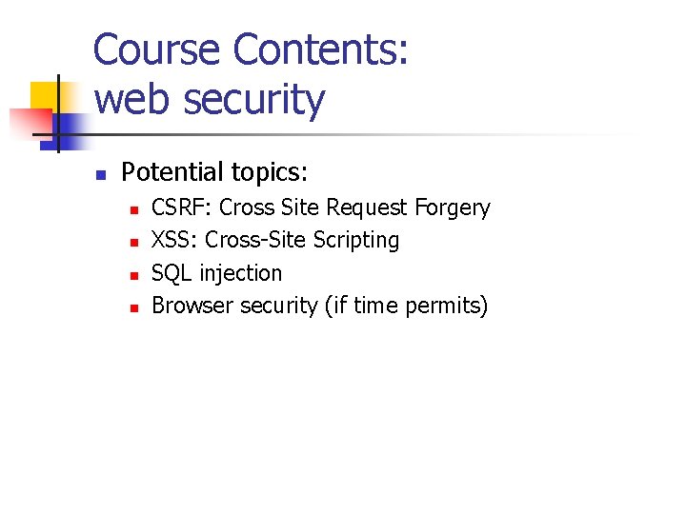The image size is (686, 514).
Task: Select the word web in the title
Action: (x=128, y=99)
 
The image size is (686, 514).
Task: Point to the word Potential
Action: (x=171, y=172)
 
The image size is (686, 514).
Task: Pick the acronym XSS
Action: (x=173, y=240)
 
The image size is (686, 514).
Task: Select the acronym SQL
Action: (x=171, y=273)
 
